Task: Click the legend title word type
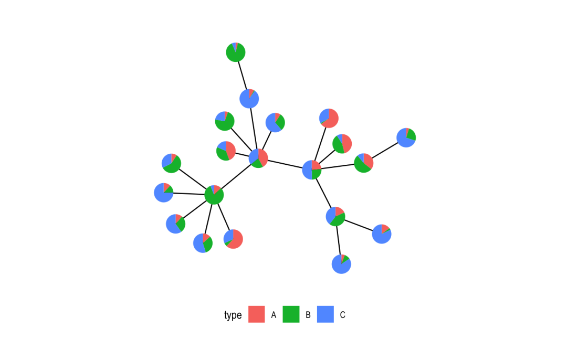(x=233, y=315)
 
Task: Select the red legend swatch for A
(x=256, y=314)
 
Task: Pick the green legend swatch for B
(x=291, y=314)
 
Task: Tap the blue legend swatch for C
(x=325, y=314)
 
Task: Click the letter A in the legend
(x=274, y=315)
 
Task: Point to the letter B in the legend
(x=308, y=315)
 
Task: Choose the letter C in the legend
(x=343, y=315)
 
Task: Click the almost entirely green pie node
(x=236, y=52)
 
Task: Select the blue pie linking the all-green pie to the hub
(x=249, y=99)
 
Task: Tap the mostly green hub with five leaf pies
(x=214, y=195)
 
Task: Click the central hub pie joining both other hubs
(x=258, y=158)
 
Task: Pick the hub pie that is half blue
(x=312, y=170)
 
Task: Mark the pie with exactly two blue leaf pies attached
(x=335, y=216)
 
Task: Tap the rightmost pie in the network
(x=406, y=137)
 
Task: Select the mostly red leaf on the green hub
(x=233, y=239)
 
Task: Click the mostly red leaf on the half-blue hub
(x=329, y=118)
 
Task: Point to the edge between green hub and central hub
(x=236, y=176)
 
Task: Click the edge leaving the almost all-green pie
(x=243, y=76)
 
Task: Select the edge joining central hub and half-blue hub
(x=285, y=164)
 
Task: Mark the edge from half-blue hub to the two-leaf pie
(x=324, y=193)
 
